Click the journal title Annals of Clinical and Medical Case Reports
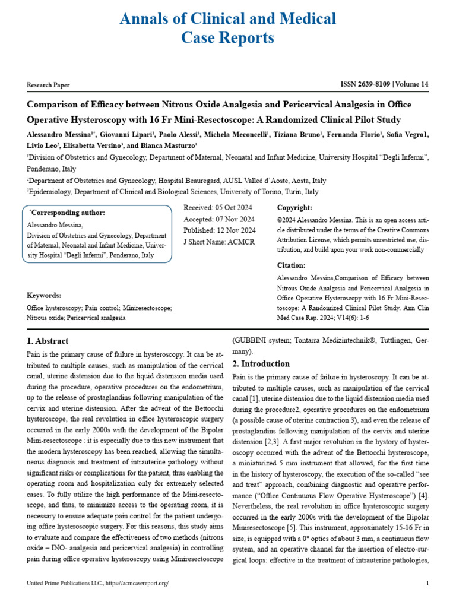click(x=228, y=28)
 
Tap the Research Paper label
click(x=48, y=85)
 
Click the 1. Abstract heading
click(x=48, y=341)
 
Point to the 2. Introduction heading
click(x=261, y=364)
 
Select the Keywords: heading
click(x=44, y=296)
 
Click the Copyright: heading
click(x=294, y=208)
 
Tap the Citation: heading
click(x=292, y=265)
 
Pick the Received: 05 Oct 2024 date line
click(x=218, y=208)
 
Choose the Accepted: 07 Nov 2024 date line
click(x=218, y=219)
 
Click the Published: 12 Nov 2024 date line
click(x=220, y=230)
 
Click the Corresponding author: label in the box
click(x=68, y=213)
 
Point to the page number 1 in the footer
click(x=427, y=584)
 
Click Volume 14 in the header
click(x=410, y=85)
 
